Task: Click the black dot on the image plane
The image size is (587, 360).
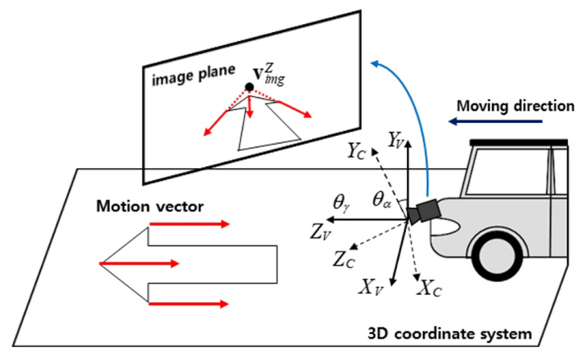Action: point(250,86)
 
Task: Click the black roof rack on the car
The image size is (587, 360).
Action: point(515,143)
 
